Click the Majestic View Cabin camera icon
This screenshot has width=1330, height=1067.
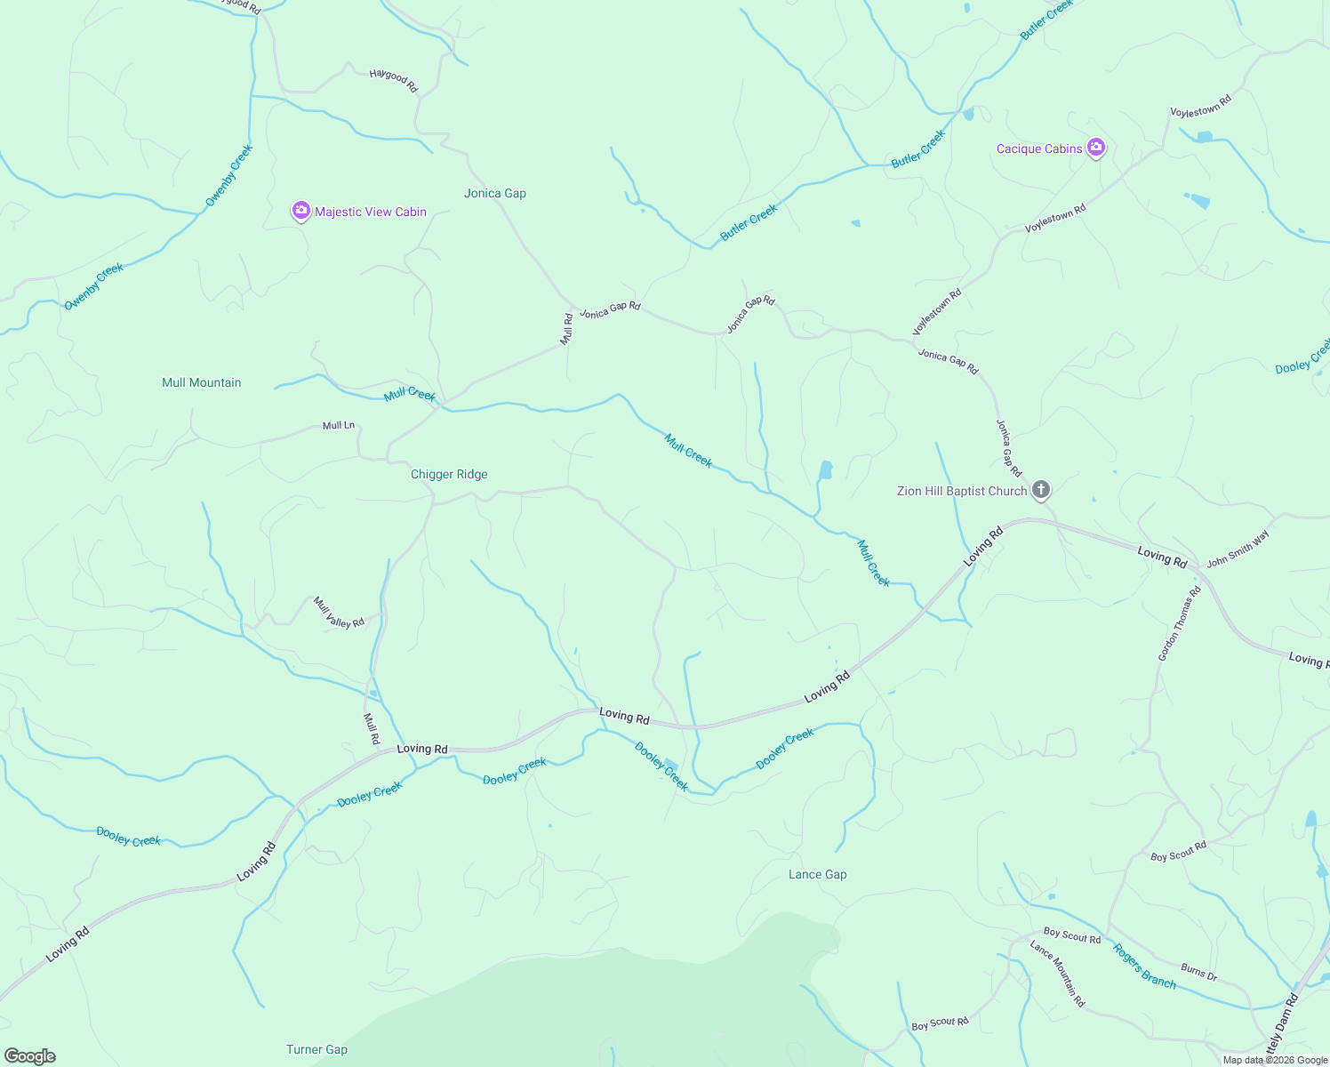pyautogui.click(x=301, y=212)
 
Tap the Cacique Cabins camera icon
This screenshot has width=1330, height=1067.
pyautogui.click(x=1096, y=148)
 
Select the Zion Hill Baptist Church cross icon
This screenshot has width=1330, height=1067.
pyautogui.click(x=1041, y=490)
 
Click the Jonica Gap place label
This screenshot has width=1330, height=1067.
pyautogui.click(x=495, y=193)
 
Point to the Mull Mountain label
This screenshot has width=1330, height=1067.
pyautogui.click(x=202, y=382)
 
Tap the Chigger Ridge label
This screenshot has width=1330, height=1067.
pyautogui.click(x=449, y=474)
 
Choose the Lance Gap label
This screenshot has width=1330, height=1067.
pyautogui.click(x=818, y=874)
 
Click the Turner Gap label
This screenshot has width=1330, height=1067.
pyautogui.click(x=316, y=1049)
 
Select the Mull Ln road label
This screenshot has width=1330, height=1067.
pyautogui.click(x=338, y=425)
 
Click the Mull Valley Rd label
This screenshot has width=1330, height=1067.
pyautogui.click(x=339, y=613)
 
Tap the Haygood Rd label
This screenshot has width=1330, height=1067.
pyautogui.click(x=393, y=81)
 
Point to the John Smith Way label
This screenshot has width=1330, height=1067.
pyautogui.click(x=1238, y=549)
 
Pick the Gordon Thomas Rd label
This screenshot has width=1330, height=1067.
pyautogui.click(x=1180, y=622)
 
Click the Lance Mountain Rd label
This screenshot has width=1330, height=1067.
pyautogui.click(x=1058, y=974)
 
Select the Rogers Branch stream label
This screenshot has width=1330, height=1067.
pyautogui.click(x=1145, y=966)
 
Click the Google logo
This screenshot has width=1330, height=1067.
pyautogui.click(x=30, y=1056)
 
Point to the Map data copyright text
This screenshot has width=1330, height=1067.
pyautogui.click(x=1275, y=1060)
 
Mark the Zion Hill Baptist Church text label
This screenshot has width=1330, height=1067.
pyautogui.click(x=962, y=491)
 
